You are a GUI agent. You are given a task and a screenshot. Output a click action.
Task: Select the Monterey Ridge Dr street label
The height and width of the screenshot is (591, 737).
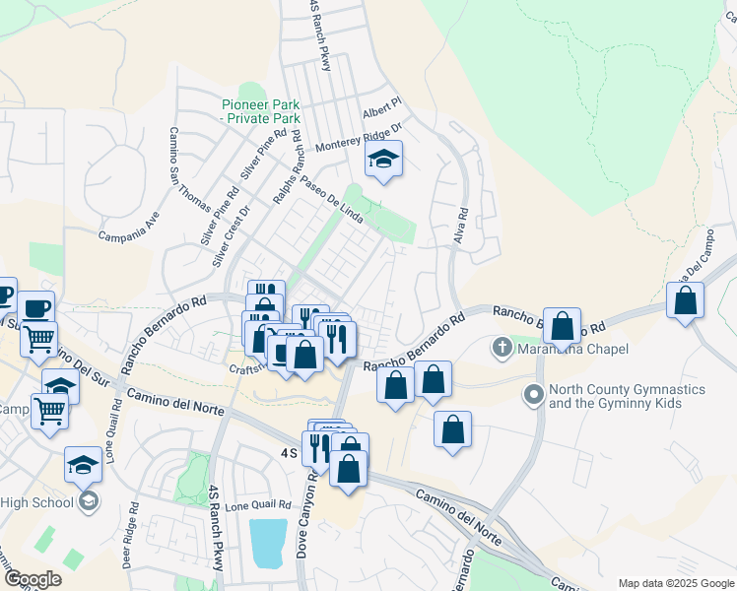tap(360, 138)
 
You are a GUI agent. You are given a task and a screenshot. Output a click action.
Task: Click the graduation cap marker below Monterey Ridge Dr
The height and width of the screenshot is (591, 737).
tap(383, 160)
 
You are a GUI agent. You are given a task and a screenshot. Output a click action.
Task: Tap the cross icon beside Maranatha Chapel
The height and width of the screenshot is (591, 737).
tap(502, 347)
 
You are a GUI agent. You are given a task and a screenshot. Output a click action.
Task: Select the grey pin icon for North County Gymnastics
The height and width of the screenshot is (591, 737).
tap(534, 396)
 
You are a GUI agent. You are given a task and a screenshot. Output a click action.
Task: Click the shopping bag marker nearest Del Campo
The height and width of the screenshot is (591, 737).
tap(685, 300)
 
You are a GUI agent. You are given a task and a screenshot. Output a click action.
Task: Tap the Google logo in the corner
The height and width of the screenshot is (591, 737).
tap(33, 579)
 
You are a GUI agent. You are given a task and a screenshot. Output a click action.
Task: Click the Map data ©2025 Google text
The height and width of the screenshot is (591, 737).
tap(675, 583)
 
